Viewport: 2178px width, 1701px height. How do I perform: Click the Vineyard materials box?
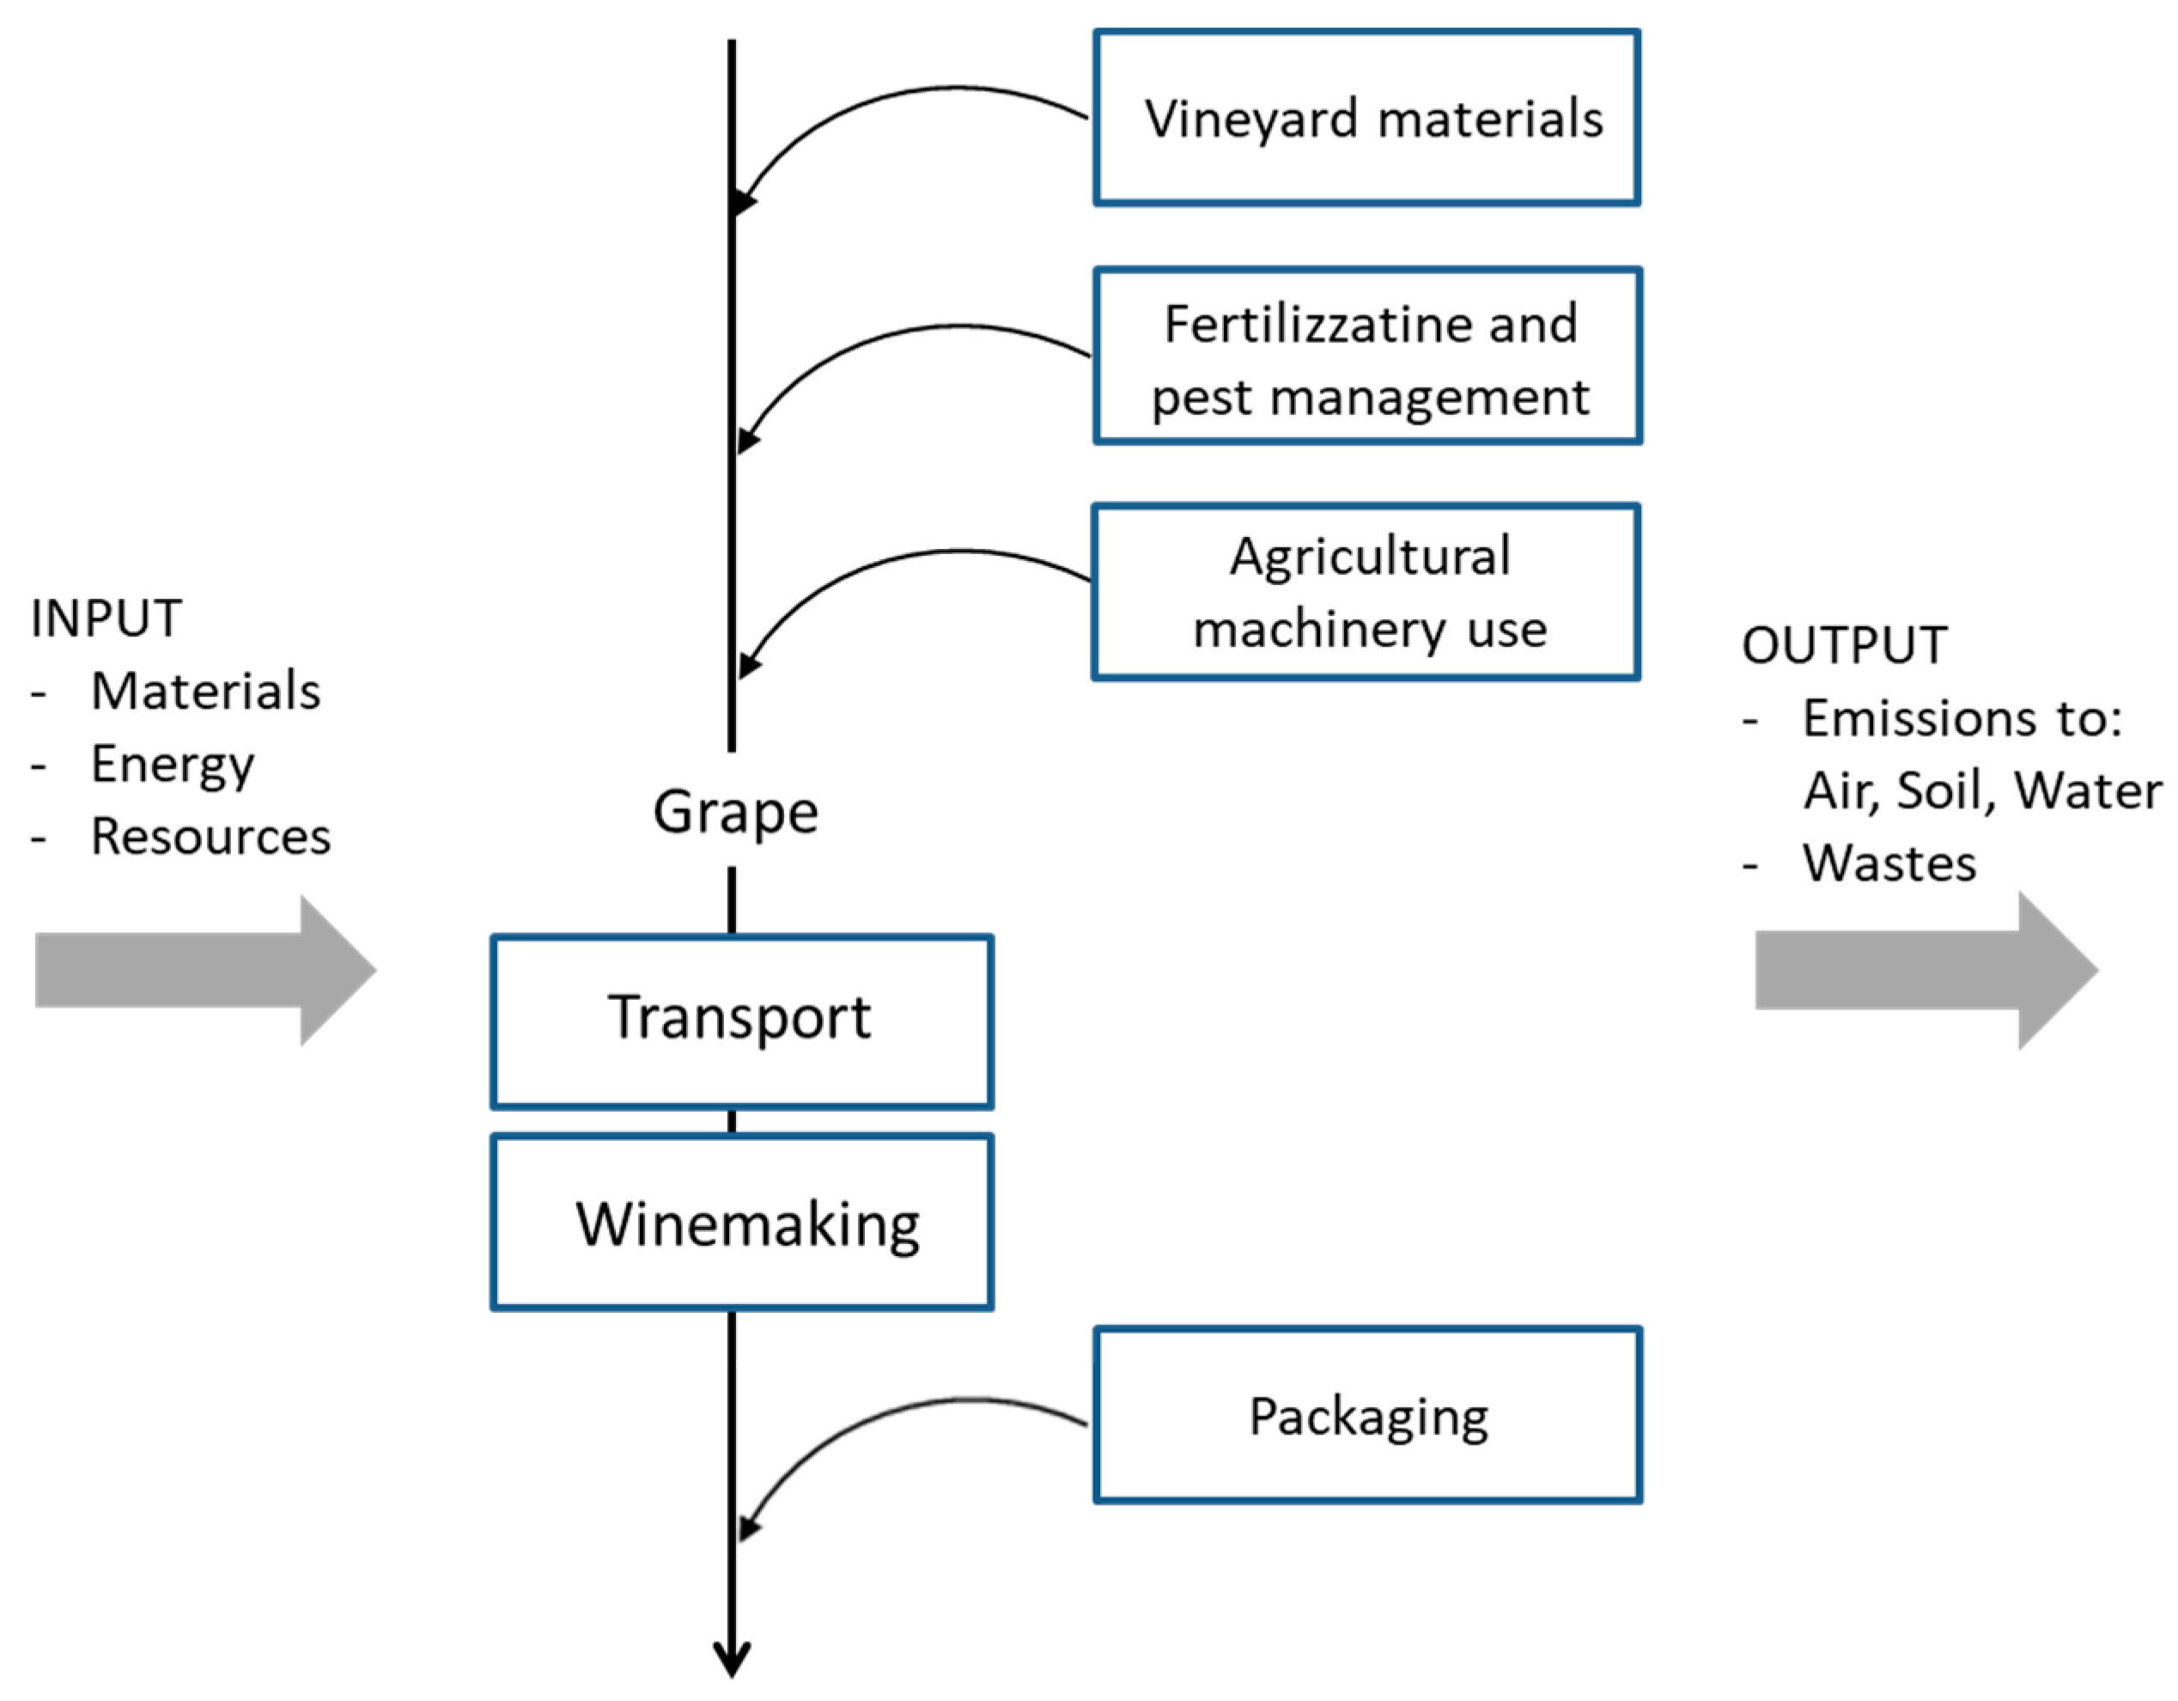tap(1366, 118)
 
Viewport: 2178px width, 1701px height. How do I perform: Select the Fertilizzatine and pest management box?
tap(1366, 357)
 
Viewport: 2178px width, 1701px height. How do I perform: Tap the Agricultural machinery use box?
tap(1366, 592)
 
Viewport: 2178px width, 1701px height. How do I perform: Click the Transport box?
tap(741, 1021)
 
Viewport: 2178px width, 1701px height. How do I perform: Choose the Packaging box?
tap(1366, 1415)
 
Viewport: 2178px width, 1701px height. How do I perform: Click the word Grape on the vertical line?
tap(736, 812)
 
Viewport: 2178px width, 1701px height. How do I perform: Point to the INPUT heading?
tap(106, 619)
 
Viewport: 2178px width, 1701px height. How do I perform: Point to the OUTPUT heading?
tap(1844, 645)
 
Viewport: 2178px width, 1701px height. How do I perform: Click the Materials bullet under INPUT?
tap(205, 692)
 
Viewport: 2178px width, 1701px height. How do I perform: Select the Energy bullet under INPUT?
tap(173, 765)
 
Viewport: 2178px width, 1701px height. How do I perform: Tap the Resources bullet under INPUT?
tap(210, 836)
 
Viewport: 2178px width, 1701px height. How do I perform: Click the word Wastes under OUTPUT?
tap(1889, 863)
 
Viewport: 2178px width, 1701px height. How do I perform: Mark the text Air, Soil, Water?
tap(1982, 791)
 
